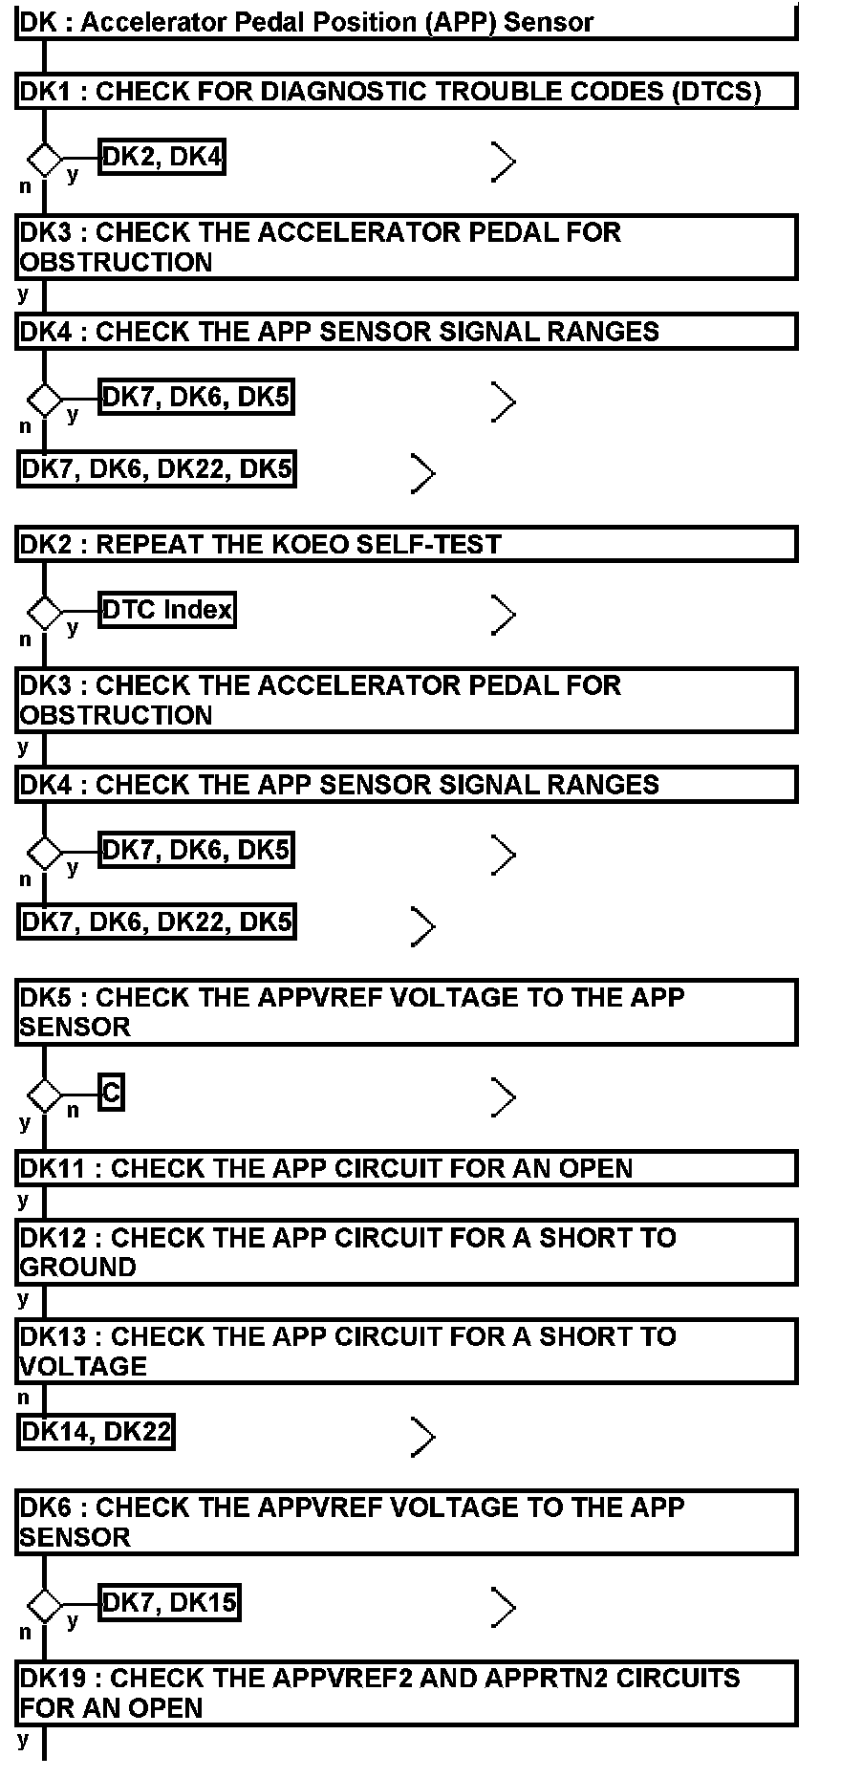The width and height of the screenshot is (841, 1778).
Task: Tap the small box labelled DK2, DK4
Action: pyautogui.click(x=162, y=157)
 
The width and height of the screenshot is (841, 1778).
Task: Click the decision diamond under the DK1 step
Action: pyautogui.click(x=44, y=160)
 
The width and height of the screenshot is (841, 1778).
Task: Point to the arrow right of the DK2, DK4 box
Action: pyautogui.click(x=503, y=162)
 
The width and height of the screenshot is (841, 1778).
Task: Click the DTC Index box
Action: pyautogui.click(x=167, y=610)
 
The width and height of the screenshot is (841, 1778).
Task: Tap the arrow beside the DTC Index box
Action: pyautogui.click(x=503, y=614)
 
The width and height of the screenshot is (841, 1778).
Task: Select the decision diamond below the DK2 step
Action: pyautogui.click(x=44, y=612)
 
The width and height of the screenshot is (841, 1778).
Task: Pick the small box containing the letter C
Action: pyautogui.click(x=111, y=1093)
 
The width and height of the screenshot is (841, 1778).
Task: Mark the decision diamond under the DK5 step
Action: pyautogui.click(x=44, y=1095)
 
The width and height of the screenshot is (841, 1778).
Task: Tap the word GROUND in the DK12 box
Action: pyautogui.click(x=78, y=1268)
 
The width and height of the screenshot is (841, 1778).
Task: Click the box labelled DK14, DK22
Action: pyautogui.click(x=96, y=1432)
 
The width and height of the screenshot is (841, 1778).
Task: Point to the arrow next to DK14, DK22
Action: pyautogui.click(x=422, y=1436)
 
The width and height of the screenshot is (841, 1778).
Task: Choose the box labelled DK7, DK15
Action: pyautogui.click(x=169, y=1602)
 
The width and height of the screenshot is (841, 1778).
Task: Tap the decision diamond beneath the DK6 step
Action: pyautogui.click(x=44, y=1604)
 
